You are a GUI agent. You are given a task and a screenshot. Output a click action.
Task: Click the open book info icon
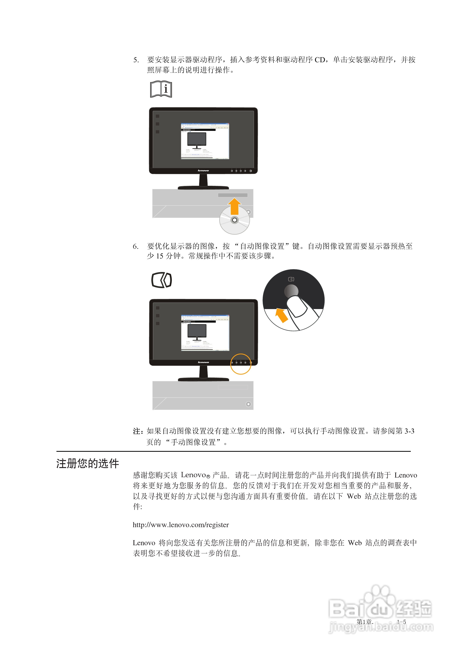coord(161,89)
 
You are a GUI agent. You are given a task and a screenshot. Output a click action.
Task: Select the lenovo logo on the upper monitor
coord(203,171)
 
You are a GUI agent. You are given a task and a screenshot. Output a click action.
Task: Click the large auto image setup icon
coord(161,280)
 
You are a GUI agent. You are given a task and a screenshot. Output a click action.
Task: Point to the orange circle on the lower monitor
coord(241,364)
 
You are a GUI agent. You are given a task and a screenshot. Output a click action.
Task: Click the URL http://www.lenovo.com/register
coord(181,525)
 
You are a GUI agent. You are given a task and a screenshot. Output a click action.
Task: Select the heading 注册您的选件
coord(87,464)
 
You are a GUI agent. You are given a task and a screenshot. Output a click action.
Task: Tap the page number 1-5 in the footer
coord(401,622)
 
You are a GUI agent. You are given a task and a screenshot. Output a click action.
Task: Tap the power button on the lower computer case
coord(248,404)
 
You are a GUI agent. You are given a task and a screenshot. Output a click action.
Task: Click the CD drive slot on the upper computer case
coord(233,195)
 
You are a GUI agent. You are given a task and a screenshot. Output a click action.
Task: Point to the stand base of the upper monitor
coord(203,187)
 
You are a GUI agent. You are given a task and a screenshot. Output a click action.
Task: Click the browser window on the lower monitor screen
coord(205,333)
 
